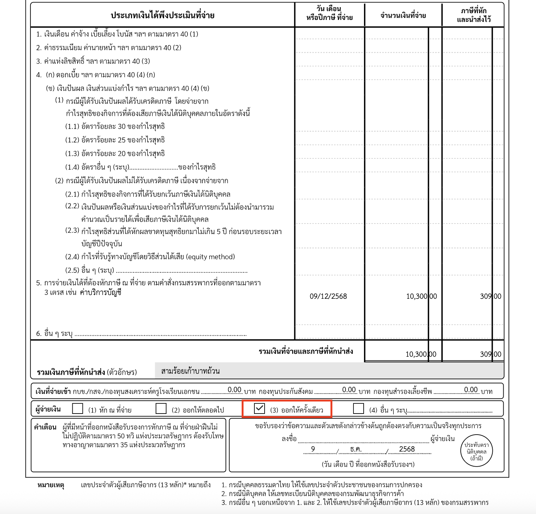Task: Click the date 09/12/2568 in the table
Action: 328,297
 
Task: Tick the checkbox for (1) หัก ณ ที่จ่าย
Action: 78,408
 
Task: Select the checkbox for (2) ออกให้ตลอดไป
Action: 161,408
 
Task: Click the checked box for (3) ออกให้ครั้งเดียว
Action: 259,408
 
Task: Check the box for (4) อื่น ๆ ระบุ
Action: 358,408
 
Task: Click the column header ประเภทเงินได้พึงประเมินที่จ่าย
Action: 163,15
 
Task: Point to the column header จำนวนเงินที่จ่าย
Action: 403,15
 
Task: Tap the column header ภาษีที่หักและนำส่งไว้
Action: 474,15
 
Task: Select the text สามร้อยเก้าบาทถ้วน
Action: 190,371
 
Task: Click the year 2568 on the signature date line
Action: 407,449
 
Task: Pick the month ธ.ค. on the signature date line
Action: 355,449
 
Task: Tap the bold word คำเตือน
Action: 45,427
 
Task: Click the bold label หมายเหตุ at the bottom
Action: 51,485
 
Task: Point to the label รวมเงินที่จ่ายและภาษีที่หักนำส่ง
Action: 306,351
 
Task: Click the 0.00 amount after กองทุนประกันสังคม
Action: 349,390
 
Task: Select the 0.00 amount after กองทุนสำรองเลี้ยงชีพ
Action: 471,390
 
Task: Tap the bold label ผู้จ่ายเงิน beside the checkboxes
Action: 48,409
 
